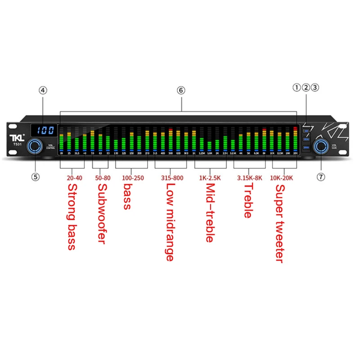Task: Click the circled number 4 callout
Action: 43,90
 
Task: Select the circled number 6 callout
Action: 181,90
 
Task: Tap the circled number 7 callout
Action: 321,177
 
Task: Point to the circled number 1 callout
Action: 297,87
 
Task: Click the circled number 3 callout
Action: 315,87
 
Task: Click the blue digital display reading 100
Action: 45,130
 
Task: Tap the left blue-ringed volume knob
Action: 35,146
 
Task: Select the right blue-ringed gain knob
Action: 321,146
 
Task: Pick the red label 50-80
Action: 103,178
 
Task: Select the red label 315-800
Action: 172,178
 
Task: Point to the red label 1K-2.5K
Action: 210,178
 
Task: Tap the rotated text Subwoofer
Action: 103,214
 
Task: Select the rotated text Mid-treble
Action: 209,214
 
